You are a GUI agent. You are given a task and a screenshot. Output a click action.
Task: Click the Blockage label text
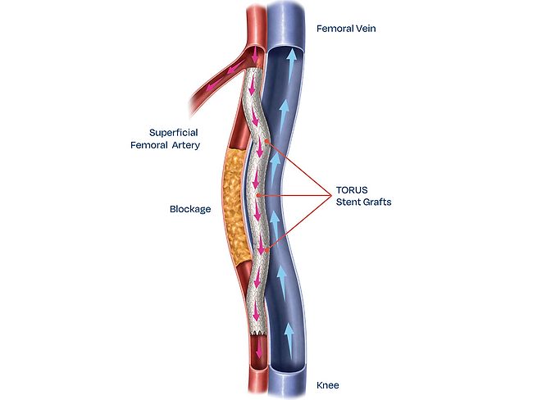[x=190, y=209]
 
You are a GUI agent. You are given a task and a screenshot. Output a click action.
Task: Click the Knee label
[x=328, y=384]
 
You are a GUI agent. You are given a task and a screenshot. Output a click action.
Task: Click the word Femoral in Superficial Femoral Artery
[x=153, y=145]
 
